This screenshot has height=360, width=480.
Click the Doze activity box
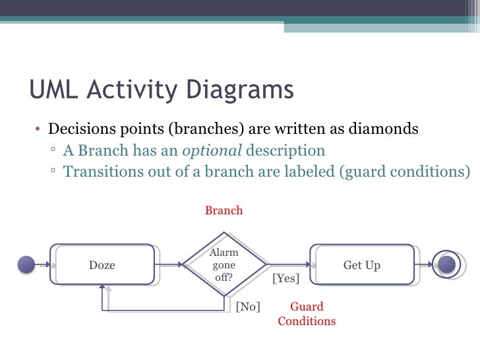[x=102, y=265]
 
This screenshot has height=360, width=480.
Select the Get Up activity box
[x=361, y=265]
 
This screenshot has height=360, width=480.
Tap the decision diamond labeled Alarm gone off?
[x=224, y=265]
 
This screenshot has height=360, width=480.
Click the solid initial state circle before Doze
[x=26, y=265]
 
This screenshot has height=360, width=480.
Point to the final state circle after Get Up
[x=446, y=264]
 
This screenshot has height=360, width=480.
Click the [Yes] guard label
[x=285, y=279]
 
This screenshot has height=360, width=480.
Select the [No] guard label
[x=248, y=307]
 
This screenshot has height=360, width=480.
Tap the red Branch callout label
[x=224, y=211]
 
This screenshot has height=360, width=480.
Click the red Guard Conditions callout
[x=307, y=315]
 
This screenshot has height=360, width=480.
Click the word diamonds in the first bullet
[x=385, y=129]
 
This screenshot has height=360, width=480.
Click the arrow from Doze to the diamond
[x=170, y=265]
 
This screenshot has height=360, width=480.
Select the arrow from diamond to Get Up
[x=287, y=265]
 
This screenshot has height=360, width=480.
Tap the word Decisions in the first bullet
[x=80, y=129]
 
